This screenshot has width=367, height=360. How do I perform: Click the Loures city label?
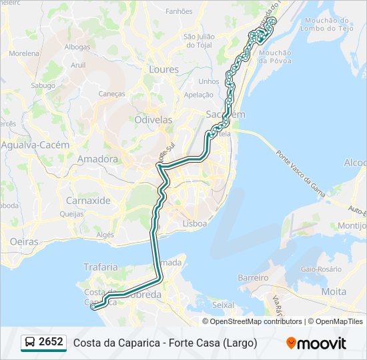(x=164, y=69)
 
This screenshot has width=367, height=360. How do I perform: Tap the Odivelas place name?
(x=153, y=120)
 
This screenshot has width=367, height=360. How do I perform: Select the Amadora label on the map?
(x=97, y=159)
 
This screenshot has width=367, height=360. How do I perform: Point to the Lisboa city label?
(x=195, y=224)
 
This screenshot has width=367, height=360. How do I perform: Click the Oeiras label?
(x=25, y=242)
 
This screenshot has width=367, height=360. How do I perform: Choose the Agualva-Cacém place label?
(x=35, y=145)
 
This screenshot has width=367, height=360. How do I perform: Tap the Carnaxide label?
(x=88, y=200)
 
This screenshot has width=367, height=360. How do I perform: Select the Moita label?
(x=334, y=292)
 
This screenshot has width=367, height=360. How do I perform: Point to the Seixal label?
(x=222, y=305)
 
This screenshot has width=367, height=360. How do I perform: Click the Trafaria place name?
(x=100, y=267)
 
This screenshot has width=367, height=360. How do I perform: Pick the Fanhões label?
(x=178, y=11)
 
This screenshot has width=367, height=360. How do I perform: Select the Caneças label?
(x=111, y=94)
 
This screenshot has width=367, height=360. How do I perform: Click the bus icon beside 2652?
(x=30, y=343)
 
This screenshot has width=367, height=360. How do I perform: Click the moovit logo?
(x=316, y=343)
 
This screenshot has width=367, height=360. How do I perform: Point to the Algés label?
(x=105, y=235)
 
